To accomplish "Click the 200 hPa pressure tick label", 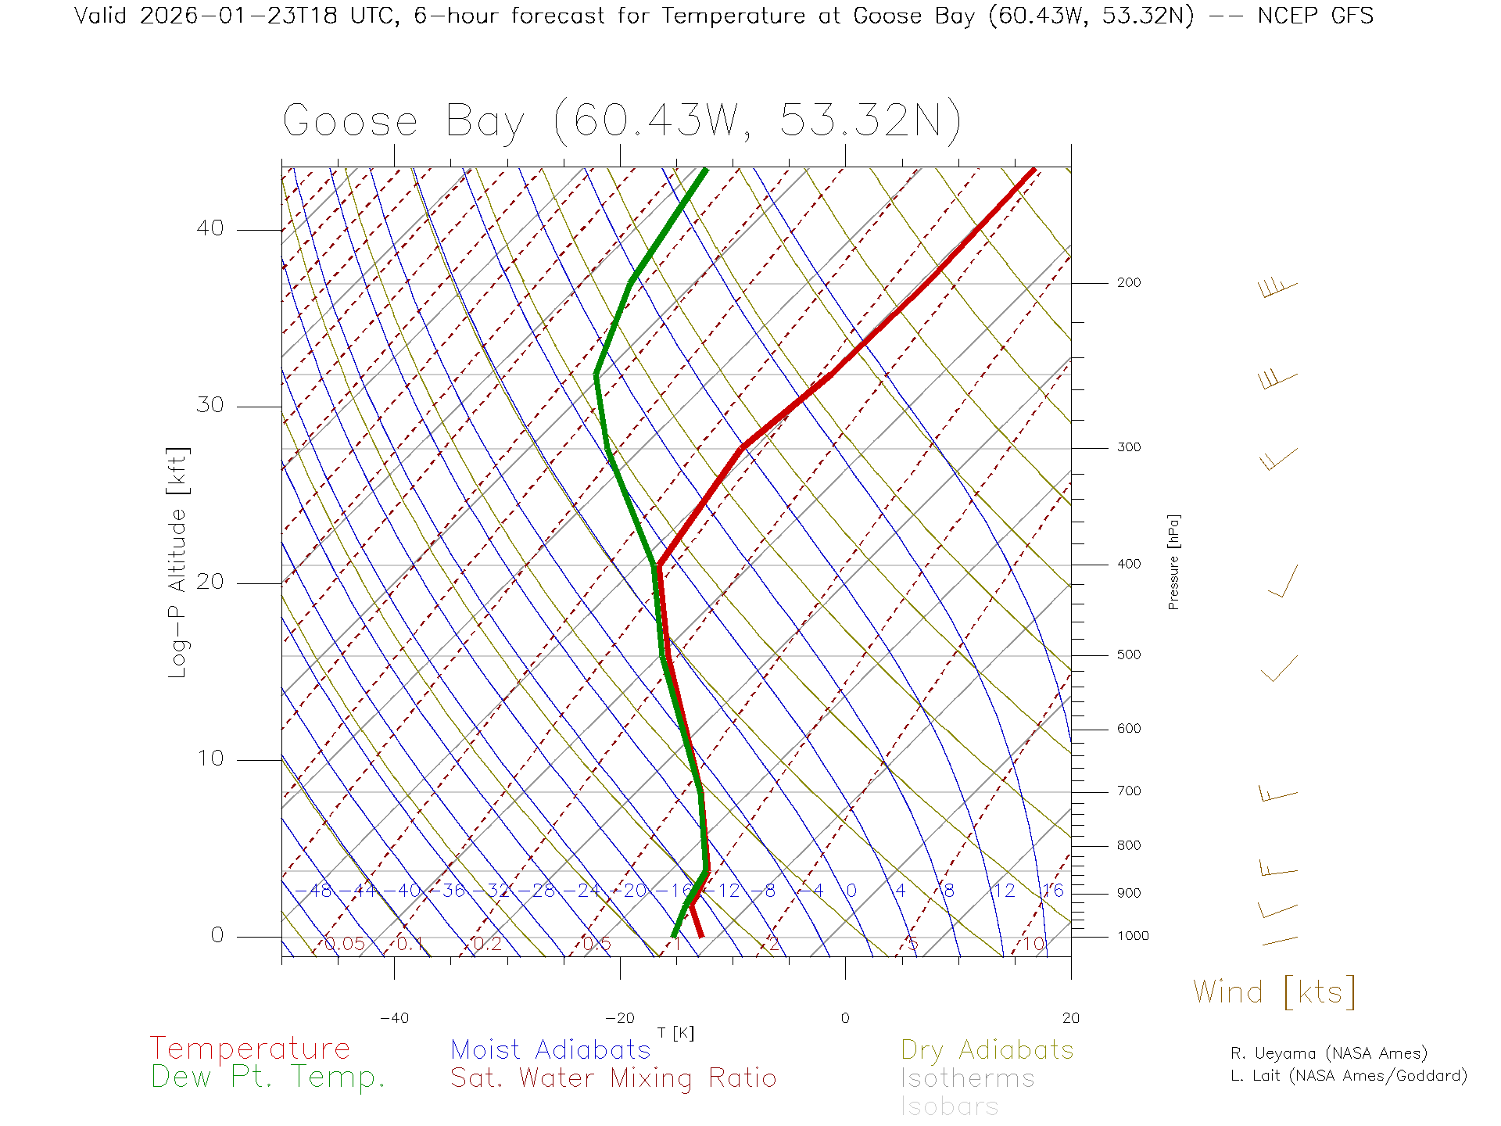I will click(x=1128, y=283).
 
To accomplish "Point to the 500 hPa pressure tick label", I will click(x=1128, y=655).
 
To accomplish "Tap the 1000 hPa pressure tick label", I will click(x=1133, y=936).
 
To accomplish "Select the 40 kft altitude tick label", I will click(x=210, y=228).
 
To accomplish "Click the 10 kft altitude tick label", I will click(x=210, y=758).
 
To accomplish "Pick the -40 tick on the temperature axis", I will click(x=394, y=1018).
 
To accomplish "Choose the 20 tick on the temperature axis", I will click(x=1070, y=1018).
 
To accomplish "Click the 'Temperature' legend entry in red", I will click(x=250, y=1049).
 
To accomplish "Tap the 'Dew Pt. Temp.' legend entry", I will click(x=268, y=1078).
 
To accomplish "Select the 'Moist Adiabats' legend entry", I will click(x=551, y=1049).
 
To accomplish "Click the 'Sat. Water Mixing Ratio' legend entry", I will click(x=614, y=1078).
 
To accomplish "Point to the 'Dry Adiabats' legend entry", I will click(x=987, y=1049).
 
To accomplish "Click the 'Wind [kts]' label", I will click(x=1274, y=992).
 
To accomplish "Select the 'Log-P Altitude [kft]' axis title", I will click(x=178, y=563).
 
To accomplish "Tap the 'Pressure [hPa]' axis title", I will click(x=1173, y=561).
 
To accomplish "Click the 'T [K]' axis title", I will click(x=675, y=1033).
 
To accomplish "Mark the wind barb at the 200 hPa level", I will click(x=1277, y=288).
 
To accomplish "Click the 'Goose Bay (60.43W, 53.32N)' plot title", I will click(x=622, y=121).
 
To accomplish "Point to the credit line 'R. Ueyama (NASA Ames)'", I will click(x=1329, y=1053).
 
